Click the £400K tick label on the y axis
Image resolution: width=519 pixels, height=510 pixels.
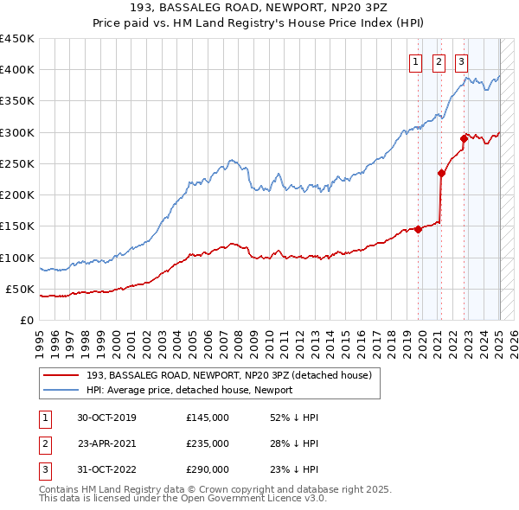(x=17, y=70)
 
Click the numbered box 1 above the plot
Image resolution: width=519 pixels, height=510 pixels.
(x=416, y=61)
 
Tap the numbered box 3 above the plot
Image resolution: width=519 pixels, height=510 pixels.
(x=462, y=61)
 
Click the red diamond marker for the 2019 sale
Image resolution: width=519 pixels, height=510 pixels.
(x=419, y=229)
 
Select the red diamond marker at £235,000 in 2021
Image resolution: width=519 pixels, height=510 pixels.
(x=441, y=173)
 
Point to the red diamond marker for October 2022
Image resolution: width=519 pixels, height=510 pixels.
(x=465, y=138)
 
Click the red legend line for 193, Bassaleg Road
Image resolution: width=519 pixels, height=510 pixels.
(x=61, y=375)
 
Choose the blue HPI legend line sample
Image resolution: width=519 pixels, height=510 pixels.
(x=61, y=390)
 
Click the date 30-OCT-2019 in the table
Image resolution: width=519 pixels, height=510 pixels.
(x=106, y=418)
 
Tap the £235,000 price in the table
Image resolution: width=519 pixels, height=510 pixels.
(x=208, y=443)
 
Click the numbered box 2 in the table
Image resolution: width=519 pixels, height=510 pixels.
(x=42, y=443)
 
